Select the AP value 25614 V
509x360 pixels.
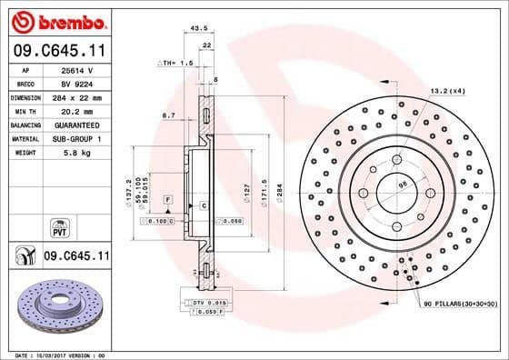click(x=75, y=68)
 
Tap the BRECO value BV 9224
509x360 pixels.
click(x=75, y=82)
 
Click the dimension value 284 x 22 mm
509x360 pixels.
click(x=76, y=96)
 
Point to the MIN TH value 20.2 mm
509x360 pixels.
click(x=75, y=110)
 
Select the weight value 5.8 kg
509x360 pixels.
click(x=75, y=153)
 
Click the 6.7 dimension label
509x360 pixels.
click(x=168, y=115)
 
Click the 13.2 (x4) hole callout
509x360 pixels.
click(x=446, y=90)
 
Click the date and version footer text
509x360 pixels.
click(x=59, y=353)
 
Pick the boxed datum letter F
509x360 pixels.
click(x=167, y=198)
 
